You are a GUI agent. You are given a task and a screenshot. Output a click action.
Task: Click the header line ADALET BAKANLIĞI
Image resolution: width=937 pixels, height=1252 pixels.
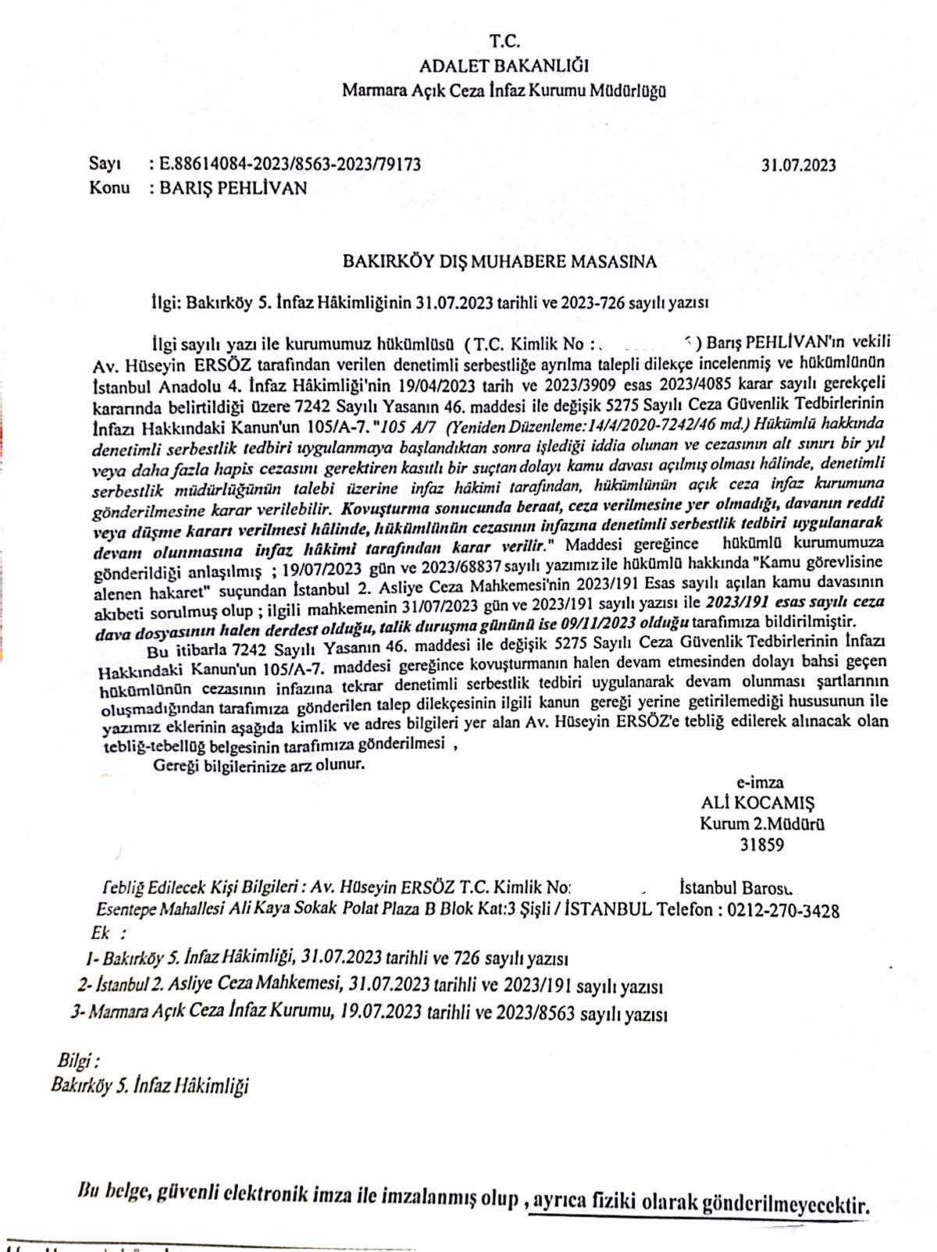pyautogui.click(x=504, y=66)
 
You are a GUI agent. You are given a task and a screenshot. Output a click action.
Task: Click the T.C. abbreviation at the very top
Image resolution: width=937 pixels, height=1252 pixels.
pyautogui.click(x=504, y=41)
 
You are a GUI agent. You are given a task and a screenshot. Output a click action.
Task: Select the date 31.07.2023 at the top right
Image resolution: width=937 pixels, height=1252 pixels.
pyautogui.click(x=798, y=165)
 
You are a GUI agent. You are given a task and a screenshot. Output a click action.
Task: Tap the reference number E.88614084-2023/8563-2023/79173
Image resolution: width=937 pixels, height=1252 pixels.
pyautogui.click(x=290, y=165)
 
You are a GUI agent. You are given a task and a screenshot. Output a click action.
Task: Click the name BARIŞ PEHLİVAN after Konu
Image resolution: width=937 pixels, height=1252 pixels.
pyautogui.click(x=233, y=188)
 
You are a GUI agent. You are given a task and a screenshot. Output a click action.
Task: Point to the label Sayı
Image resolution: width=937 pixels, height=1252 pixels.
pyautogui.click(x=105, y=164)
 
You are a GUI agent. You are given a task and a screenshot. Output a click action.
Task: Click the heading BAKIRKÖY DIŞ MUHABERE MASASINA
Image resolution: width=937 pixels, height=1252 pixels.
pyautogui.click(x=500, y=261)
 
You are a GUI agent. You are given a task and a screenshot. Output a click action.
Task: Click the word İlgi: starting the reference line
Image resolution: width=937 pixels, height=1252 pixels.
pyautogui.click(x=166, y=303)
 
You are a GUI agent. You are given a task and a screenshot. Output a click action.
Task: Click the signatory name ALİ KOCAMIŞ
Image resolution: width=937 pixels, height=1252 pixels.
pyautogui.click(x=757, y=803)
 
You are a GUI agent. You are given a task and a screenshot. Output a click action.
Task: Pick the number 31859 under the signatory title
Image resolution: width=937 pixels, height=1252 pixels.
pyautogui.click(x=761, y=845)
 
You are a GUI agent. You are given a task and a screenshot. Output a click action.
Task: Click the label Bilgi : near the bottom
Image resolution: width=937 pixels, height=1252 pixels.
pyautogui.click(x=78, y=1061)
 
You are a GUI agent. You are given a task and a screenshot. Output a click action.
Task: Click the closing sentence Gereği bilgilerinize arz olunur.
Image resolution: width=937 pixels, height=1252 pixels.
pyautogui.click(x=258, y=765)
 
